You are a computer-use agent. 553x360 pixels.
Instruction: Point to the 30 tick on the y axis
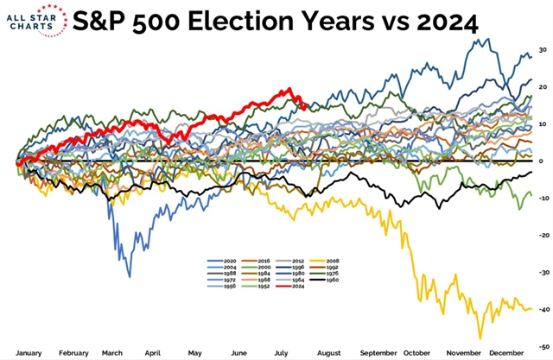tap(541, 50)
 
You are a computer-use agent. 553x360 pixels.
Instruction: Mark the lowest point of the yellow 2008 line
tap(480, 338)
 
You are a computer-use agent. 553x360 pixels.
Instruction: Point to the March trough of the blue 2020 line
tap(130, 276)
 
